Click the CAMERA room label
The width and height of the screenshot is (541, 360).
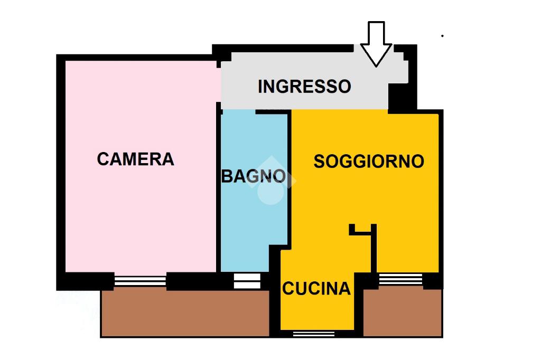tap(135, 159)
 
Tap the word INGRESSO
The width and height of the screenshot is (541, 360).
tap(304, 86)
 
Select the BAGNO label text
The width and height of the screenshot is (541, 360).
tap(254, 176)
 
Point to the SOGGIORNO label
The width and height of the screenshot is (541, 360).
tap(368, 162)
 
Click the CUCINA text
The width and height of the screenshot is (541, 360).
tap(316, 289)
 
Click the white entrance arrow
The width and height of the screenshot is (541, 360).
tap(376, 44)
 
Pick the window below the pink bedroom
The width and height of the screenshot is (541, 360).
tap(140, 281)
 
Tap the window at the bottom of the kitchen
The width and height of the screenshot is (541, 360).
tap(314, 334)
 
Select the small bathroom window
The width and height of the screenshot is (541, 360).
tap(247, 281)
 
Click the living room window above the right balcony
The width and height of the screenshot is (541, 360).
tap(400, 279)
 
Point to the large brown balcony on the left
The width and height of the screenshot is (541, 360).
tap(185, 313)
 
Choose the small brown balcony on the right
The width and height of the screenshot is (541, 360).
tap(403, 312)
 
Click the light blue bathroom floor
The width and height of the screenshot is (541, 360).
tap(254, 207)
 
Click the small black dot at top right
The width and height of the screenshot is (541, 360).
tap(442, 35)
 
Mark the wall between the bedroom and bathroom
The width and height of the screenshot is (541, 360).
tap(219, 189)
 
